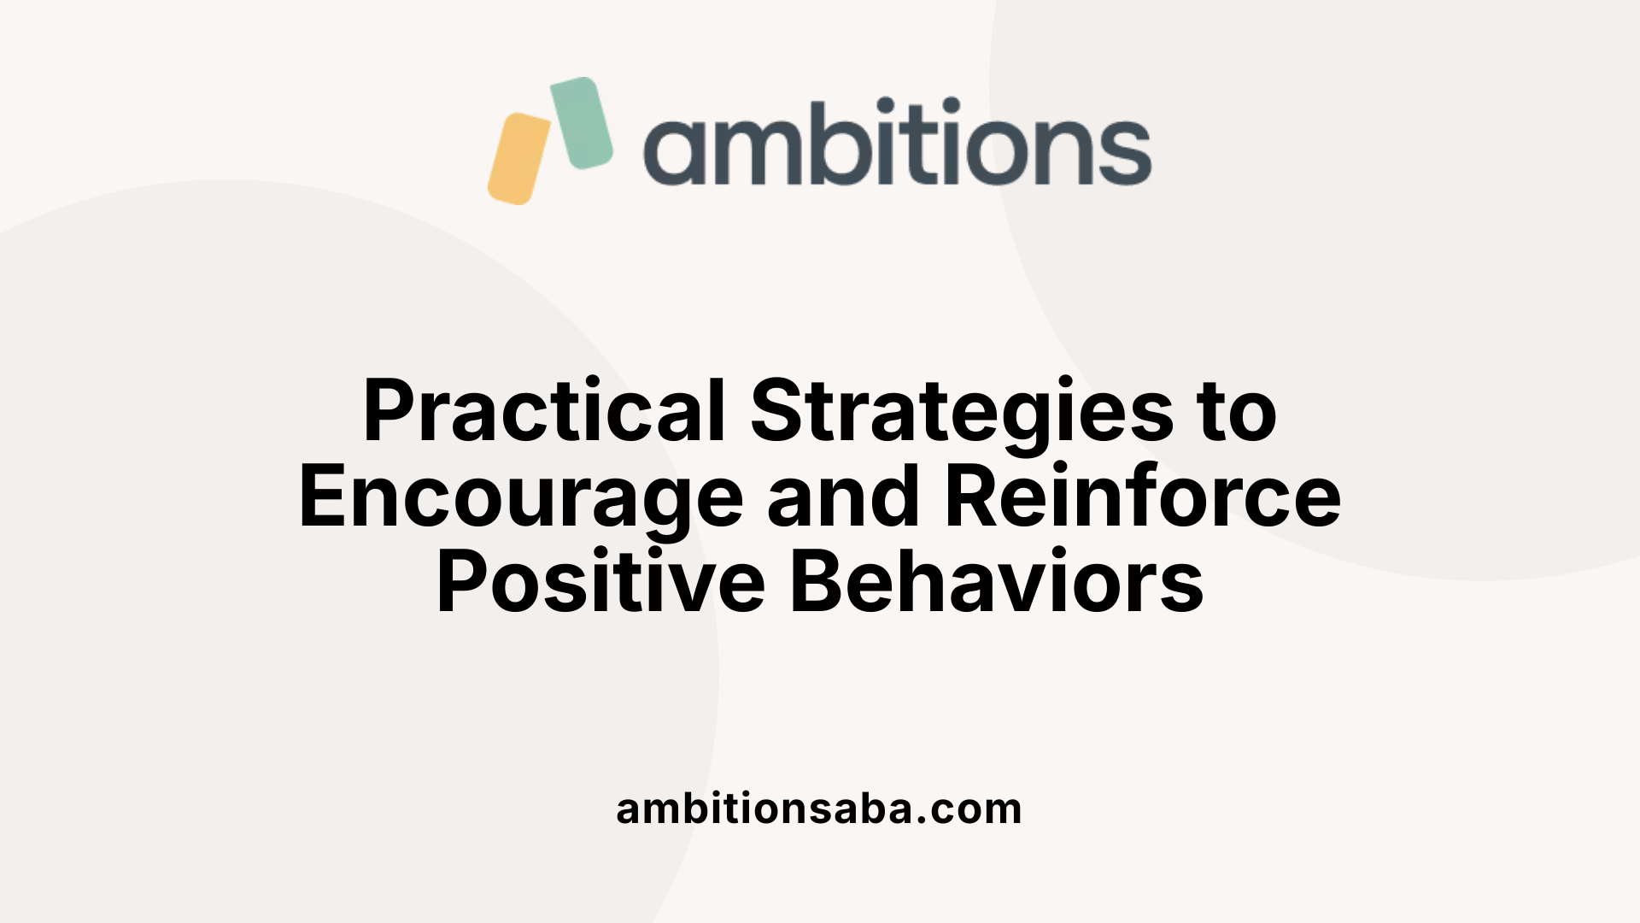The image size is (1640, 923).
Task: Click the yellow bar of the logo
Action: click(x=518, y=159)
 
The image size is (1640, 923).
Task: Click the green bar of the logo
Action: click(x=582, y=122)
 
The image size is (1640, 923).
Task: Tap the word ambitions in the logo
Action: click(x=897, y=143)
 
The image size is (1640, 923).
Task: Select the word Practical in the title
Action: click(x=544, y=412)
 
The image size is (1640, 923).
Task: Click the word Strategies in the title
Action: click(x=962, y=412)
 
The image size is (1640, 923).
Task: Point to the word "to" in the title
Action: click(x=1237, y=412)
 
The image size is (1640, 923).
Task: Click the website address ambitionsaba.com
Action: click(x=818, y=808)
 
